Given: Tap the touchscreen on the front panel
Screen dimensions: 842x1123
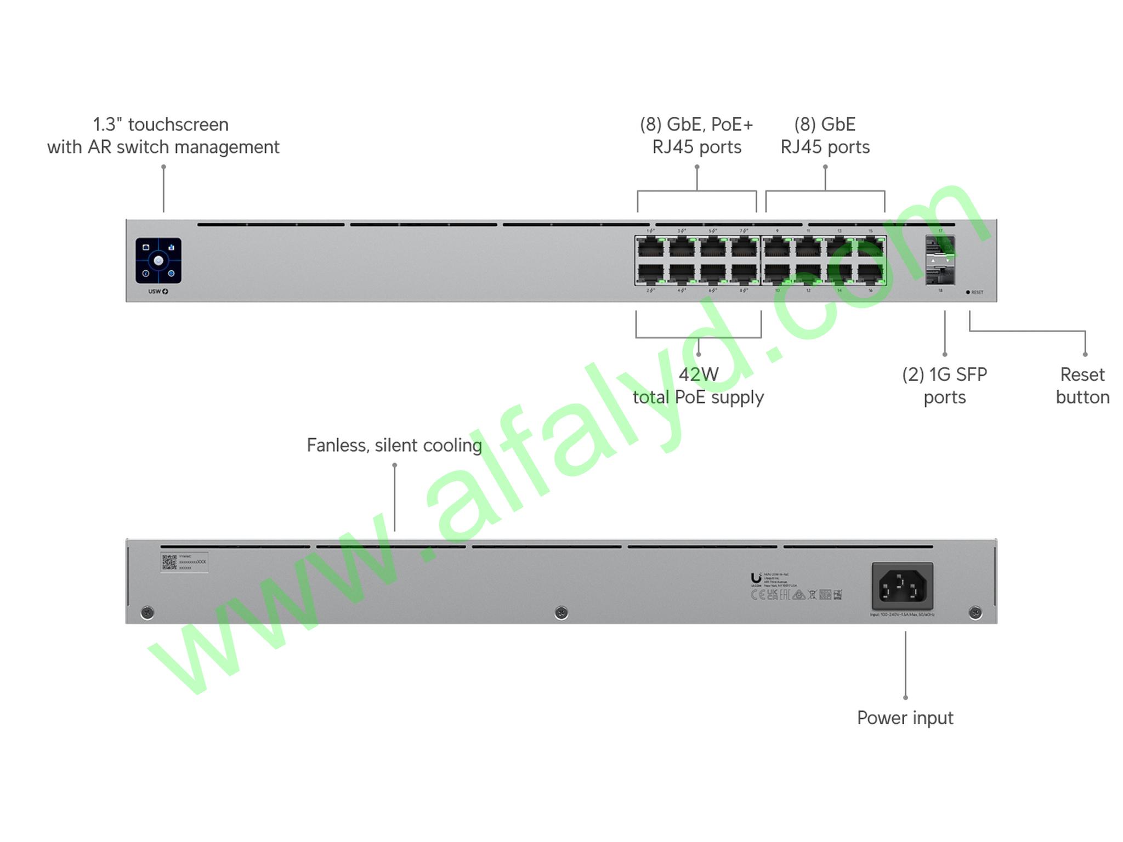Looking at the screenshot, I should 158,261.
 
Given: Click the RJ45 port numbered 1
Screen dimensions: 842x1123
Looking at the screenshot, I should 650,248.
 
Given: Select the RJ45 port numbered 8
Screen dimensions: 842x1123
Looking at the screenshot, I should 744,273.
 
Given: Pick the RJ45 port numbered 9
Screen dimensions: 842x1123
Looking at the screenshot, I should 777,248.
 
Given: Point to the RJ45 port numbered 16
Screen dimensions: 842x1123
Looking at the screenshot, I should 870,273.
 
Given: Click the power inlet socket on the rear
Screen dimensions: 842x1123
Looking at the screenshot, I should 902,587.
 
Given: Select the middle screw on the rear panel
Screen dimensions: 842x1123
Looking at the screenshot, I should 561,612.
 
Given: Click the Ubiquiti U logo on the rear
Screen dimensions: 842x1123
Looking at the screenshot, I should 756,578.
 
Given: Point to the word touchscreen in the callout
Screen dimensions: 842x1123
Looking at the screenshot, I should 178,125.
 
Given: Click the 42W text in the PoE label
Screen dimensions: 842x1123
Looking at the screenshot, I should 698,375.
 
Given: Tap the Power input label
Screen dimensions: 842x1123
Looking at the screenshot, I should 905,718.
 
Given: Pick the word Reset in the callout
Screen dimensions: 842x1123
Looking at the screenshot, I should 1082,375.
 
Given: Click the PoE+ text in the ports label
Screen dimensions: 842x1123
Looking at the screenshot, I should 731,125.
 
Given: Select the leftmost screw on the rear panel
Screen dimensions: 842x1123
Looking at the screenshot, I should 147,612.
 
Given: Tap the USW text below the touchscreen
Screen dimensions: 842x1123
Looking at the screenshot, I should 155,292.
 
